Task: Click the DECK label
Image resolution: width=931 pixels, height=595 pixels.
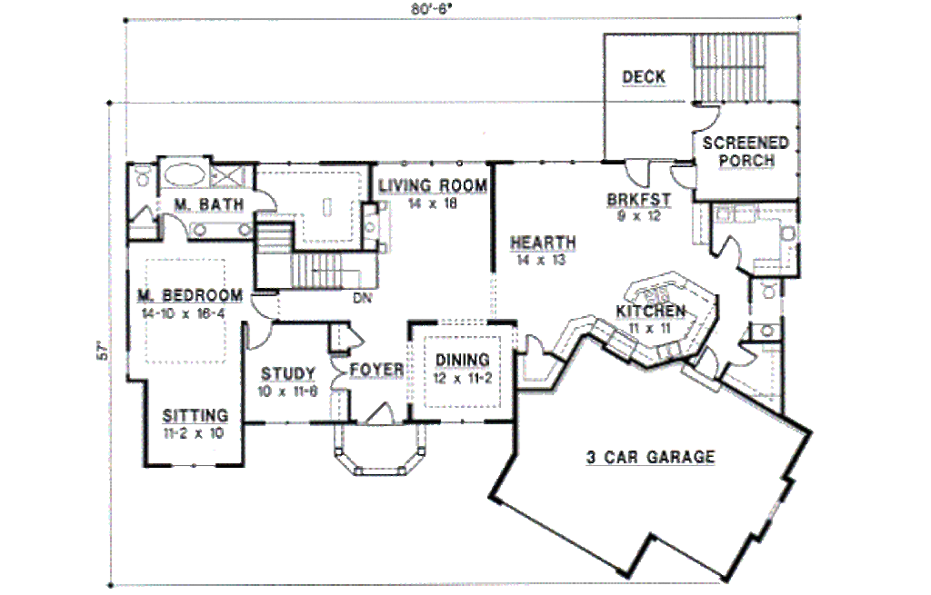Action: pos(643,77)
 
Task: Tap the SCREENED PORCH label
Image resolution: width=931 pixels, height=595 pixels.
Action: pos(746,152)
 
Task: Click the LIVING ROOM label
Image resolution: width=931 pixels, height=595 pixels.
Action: pos(433,186)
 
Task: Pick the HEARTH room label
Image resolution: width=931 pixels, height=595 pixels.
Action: pos(543,243)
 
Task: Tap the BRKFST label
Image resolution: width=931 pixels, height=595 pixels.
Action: pos(639,200)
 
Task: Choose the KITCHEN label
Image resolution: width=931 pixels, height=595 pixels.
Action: pos(650,312)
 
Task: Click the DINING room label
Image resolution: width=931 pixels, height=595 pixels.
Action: pos(462,360)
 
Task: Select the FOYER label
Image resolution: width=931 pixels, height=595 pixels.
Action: pos(376,370)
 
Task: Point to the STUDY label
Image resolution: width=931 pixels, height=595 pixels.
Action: pos(288,373)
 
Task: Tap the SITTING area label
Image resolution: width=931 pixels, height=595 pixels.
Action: pos(195,416)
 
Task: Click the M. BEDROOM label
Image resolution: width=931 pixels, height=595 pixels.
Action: pos(190,295)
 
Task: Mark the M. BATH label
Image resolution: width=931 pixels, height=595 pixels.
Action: pos(208,204)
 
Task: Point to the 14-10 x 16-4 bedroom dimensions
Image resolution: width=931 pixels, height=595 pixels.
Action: pos(185,312)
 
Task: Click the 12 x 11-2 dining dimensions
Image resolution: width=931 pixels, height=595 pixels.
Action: pos(462,377)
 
